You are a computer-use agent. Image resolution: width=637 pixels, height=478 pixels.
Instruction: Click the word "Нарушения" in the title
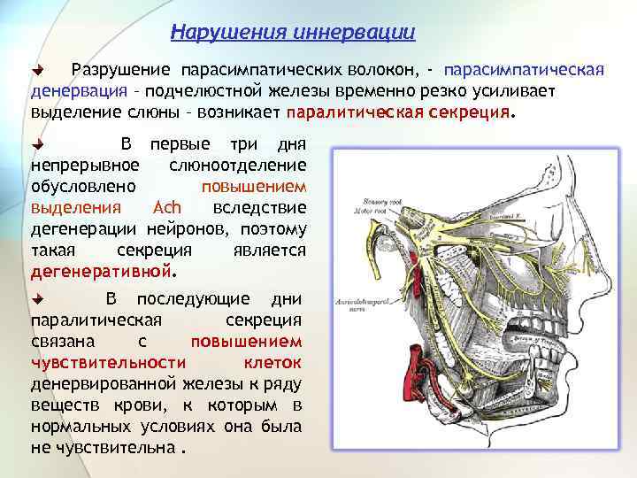click(x=219, y=34)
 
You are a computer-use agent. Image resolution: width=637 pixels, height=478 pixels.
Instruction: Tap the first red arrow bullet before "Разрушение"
click(x=37, y=70)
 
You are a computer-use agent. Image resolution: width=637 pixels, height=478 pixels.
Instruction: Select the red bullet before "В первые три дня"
click(x=37, y=143)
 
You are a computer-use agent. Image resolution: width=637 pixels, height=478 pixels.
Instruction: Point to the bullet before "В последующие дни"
click(x=37, y=298)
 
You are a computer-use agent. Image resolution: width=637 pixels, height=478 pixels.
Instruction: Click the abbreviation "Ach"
click(x=167, y=207)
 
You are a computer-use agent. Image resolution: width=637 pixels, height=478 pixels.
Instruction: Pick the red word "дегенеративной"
click(x=103, y=271)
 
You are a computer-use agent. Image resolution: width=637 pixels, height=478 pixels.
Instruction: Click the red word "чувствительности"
click(x=108, y=362)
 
